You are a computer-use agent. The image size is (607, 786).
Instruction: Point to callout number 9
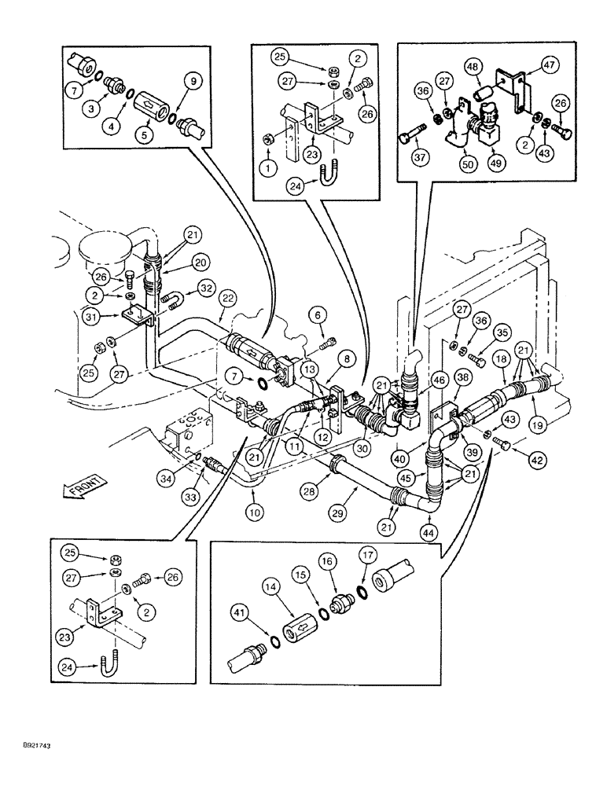pyautogui.click(x=193, y=79)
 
